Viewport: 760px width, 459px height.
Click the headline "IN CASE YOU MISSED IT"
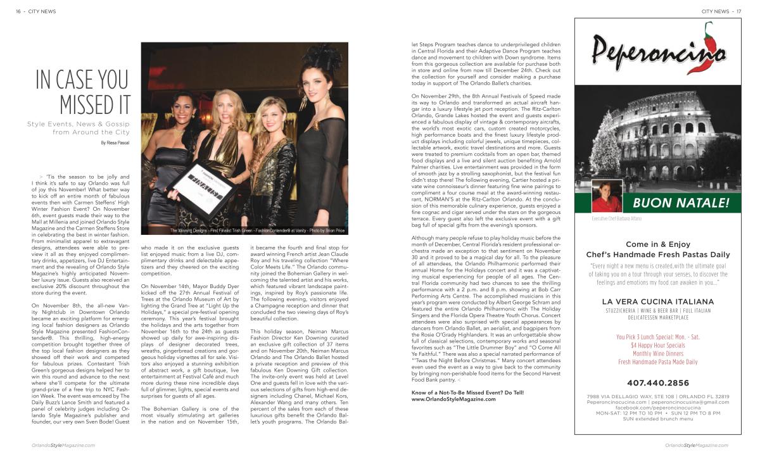click(x=82, y=92)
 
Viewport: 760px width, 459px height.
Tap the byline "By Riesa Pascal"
click(x=115, y=143)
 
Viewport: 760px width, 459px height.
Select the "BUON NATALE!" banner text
click(x=680, y=204)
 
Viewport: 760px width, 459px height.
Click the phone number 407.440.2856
click(x=659, y=383)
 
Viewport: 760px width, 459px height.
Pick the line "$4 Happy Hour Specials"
click(x=658, y=346)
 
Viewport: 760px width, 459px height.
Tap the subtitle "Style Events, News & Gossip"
click(x=79, y=123)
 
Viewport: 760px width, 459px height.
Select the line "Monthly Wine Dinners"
click(x=658, y=354)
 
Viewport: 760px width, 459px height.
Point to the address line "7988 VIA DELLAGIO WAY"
click(x=624, y=396)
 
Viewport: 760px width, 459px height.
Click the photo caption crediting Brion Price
click(x=258, y=230)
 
